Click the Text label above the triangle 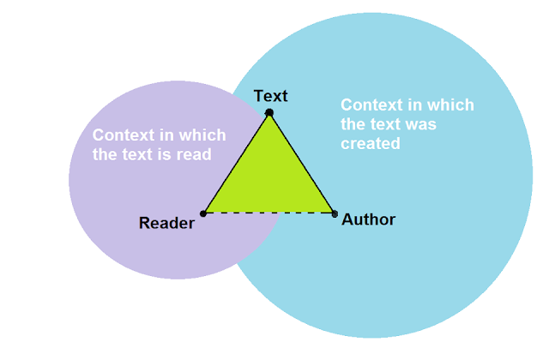point(271,95)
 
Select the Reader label point(166,224)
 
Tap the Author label point(369,219)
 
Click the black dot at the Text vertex point(269,112)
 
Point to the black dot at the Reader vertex point(203,213)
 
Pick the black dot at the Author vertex point(334,213)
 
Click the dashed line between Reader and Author point(268,213)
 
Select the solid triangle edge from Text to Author point(302,163)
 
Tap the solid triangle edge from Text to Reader point(236,163)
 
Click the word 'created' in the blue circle point(371,143)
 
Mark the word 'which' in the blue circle point(449,105)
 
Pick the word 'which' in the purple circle point(202,135)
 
